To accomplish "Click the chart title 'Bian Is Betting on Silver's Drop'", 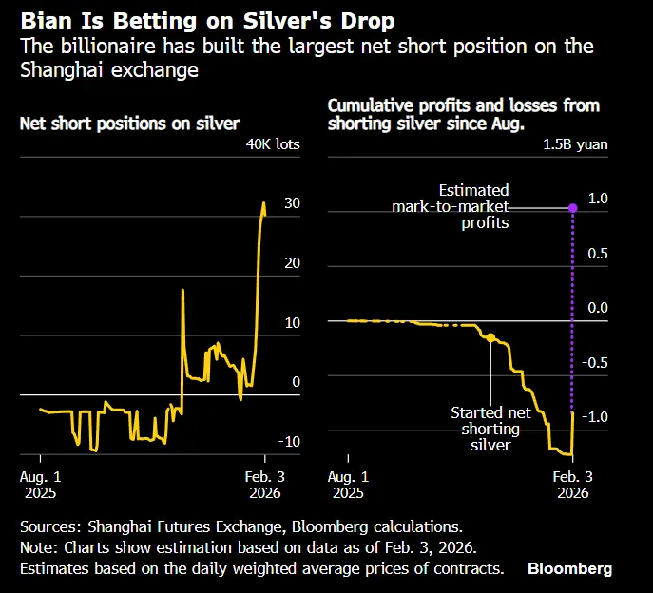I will pos(207,20).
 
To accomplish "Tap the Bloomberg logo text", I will pos(569,568).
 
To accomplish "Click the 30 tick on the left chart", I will pos(293,203).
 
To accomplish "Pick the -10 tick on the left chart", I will pos(289,441).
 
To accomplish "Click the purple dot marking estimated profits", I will pos(572,208).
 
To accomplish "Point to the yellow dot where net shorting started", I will pos(490,337).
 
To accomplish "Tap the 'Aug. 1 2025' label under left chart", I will pos(41,485).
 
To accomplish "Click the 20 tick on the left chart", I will pos(293,263).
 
